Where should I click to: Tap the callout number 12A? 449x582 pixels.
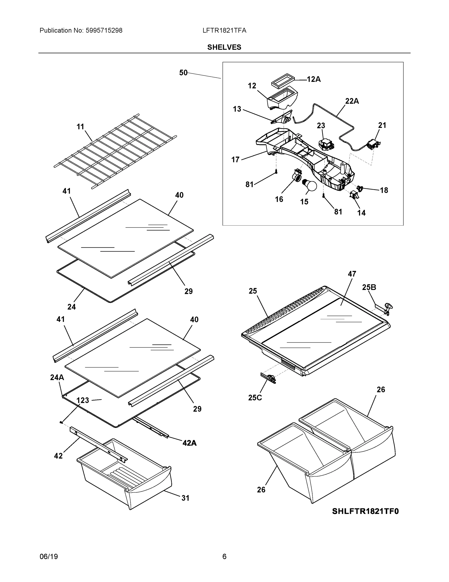point(314,79)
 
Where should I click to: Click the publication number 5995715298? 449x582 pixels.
point(104,30)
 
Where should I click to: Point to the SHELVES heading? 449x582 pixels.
point(224,47)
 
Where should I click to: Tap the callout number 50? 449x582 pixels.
point(183,73)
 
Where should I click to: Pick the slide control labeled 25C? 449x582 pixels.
point(268,378)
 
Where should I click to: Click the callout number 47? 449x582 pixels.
point(352,274)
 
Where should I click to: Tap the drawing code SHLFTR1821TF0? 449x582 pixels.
point(365,511)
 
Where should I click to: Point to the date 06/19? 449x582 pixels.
point(49,557)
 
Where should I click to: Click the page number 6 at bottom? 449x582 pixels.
point(224,557)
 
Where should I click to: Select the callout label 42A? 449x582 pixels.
point(189,443)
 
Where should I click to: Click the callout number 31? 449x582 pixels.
point(185,498)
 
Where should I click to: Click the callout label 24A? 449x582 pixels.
point(57,377)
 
